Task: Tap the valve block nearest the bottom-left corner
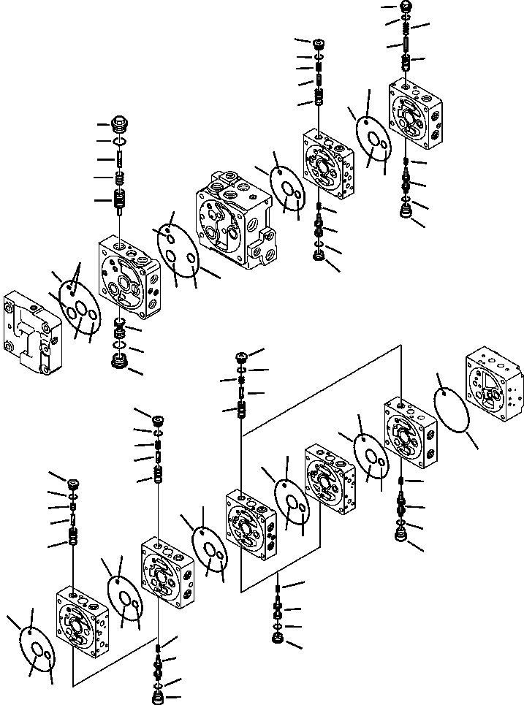(83, 620)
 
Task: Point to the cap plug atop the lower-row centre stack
(240, 357)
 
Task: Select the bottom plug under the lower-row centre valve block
(278, 639)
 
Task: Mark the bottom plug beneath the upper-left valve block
(118, 361)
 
